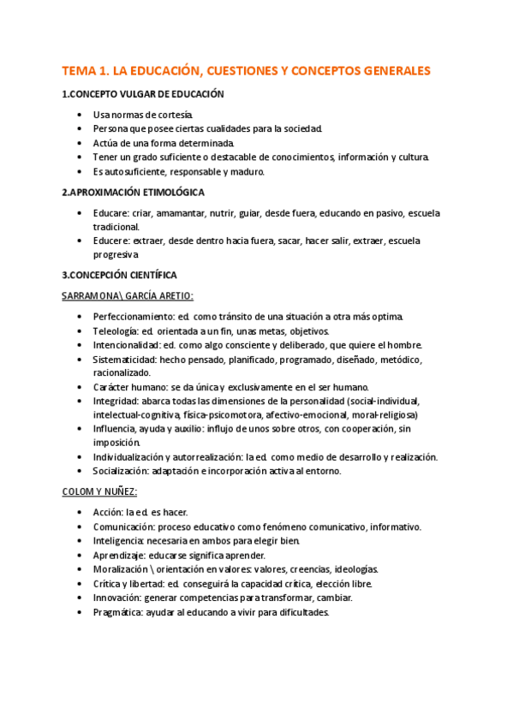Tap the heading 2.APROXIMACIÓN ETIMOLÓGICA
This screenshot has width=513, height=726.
pyautogui.click(x=134, y=193)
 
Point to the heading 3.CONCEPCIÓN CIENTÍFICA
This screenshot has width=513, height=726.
pyautogui.click(x=120, y=275)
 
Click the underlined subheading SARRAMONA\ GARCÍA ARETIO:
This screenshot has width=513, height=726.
pyautogui.click(x=128, y=295)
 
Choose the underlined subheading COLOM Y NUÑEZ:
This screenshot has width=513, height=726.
pyautogui.click(x=100, y=491)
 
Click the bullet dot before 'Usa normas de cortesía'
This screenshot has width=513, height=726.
pyautogui.click(x=80, y=115)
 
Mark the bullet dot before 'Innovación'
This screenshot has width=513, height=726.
pyautogui.click(x=80, y=598)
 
